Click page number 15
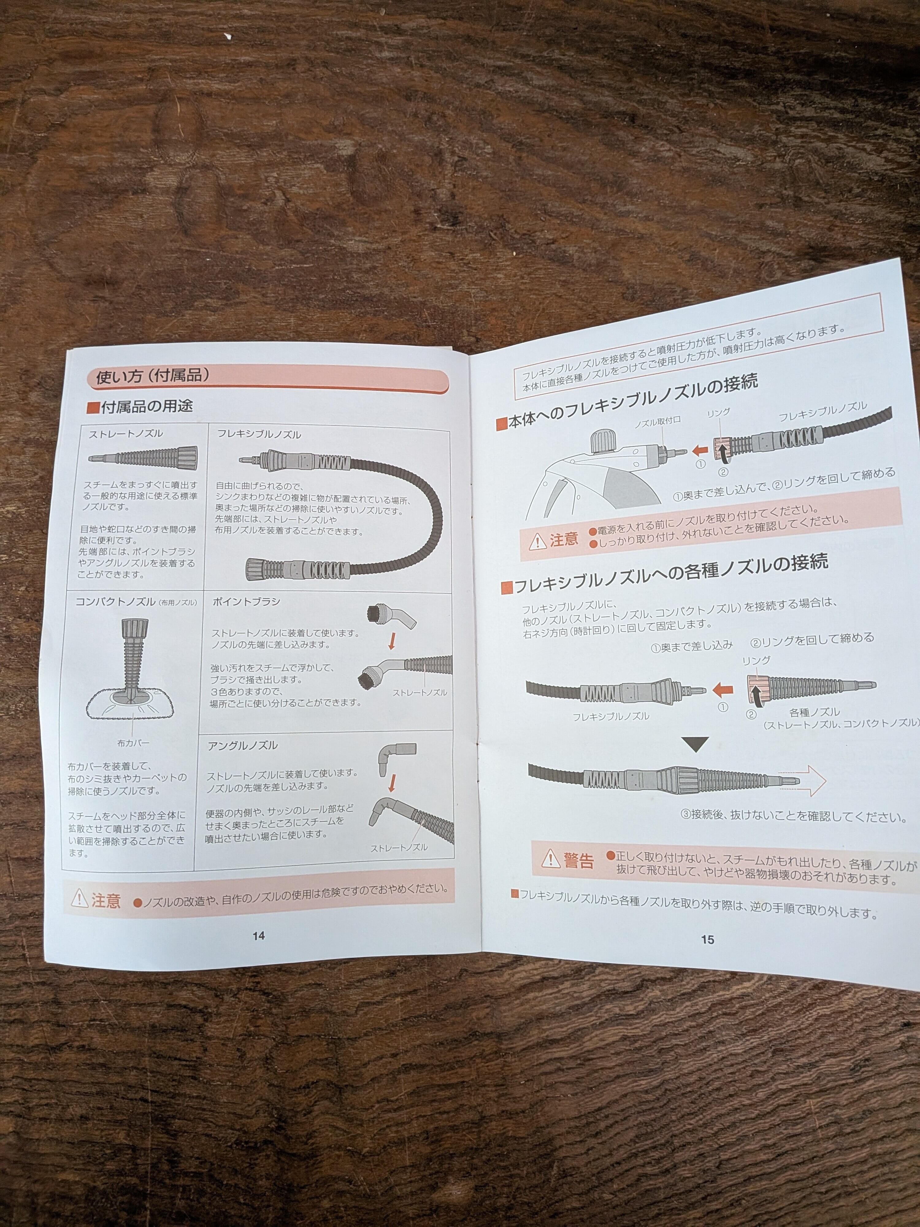click(707, 939)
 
